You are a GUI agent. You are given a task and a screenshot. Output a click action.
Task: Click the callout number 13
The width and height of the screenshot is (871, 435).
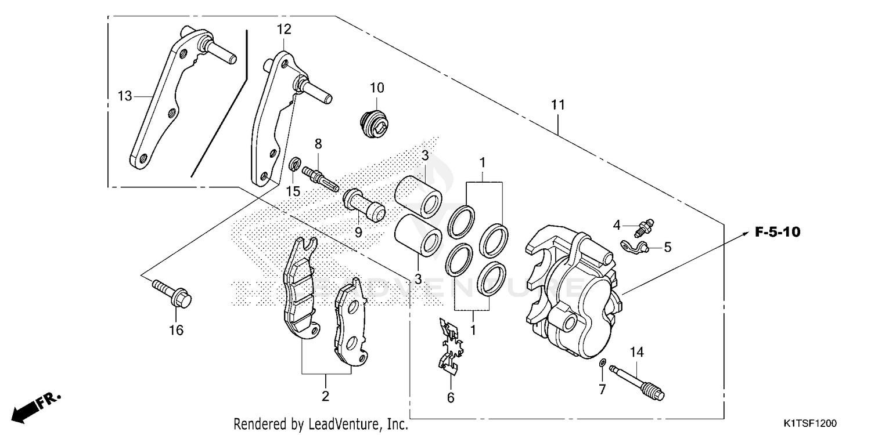(x=125, y=96)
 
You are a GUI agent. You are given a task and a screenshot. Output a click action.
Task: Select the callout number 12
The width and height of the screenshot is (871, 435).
(x=284, y=29)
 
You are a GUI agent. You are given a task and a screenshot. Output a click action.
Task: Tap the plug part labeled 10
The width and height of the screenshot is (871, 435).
(x=370, y=124)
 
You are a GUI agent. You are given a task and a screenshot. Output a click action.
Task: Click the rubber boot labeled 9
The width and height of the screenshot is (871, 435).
(x=363, y=205)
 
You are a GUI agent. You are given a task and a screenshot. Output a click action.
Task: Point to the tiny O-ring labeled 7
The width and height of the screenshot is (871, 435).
(x=603, y=364)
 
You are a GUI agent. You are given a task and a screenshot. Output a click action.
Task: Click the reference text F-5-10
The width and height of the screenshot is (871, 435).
(x=778, y=233)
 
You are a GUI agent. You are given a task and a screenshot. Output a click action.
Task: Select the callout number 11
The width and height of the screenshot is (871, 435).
(x=558, y=105)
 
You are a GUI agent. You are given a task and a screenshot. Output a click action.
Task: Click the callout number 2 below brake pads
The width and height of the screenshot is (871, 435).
(x=325, y=397)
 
